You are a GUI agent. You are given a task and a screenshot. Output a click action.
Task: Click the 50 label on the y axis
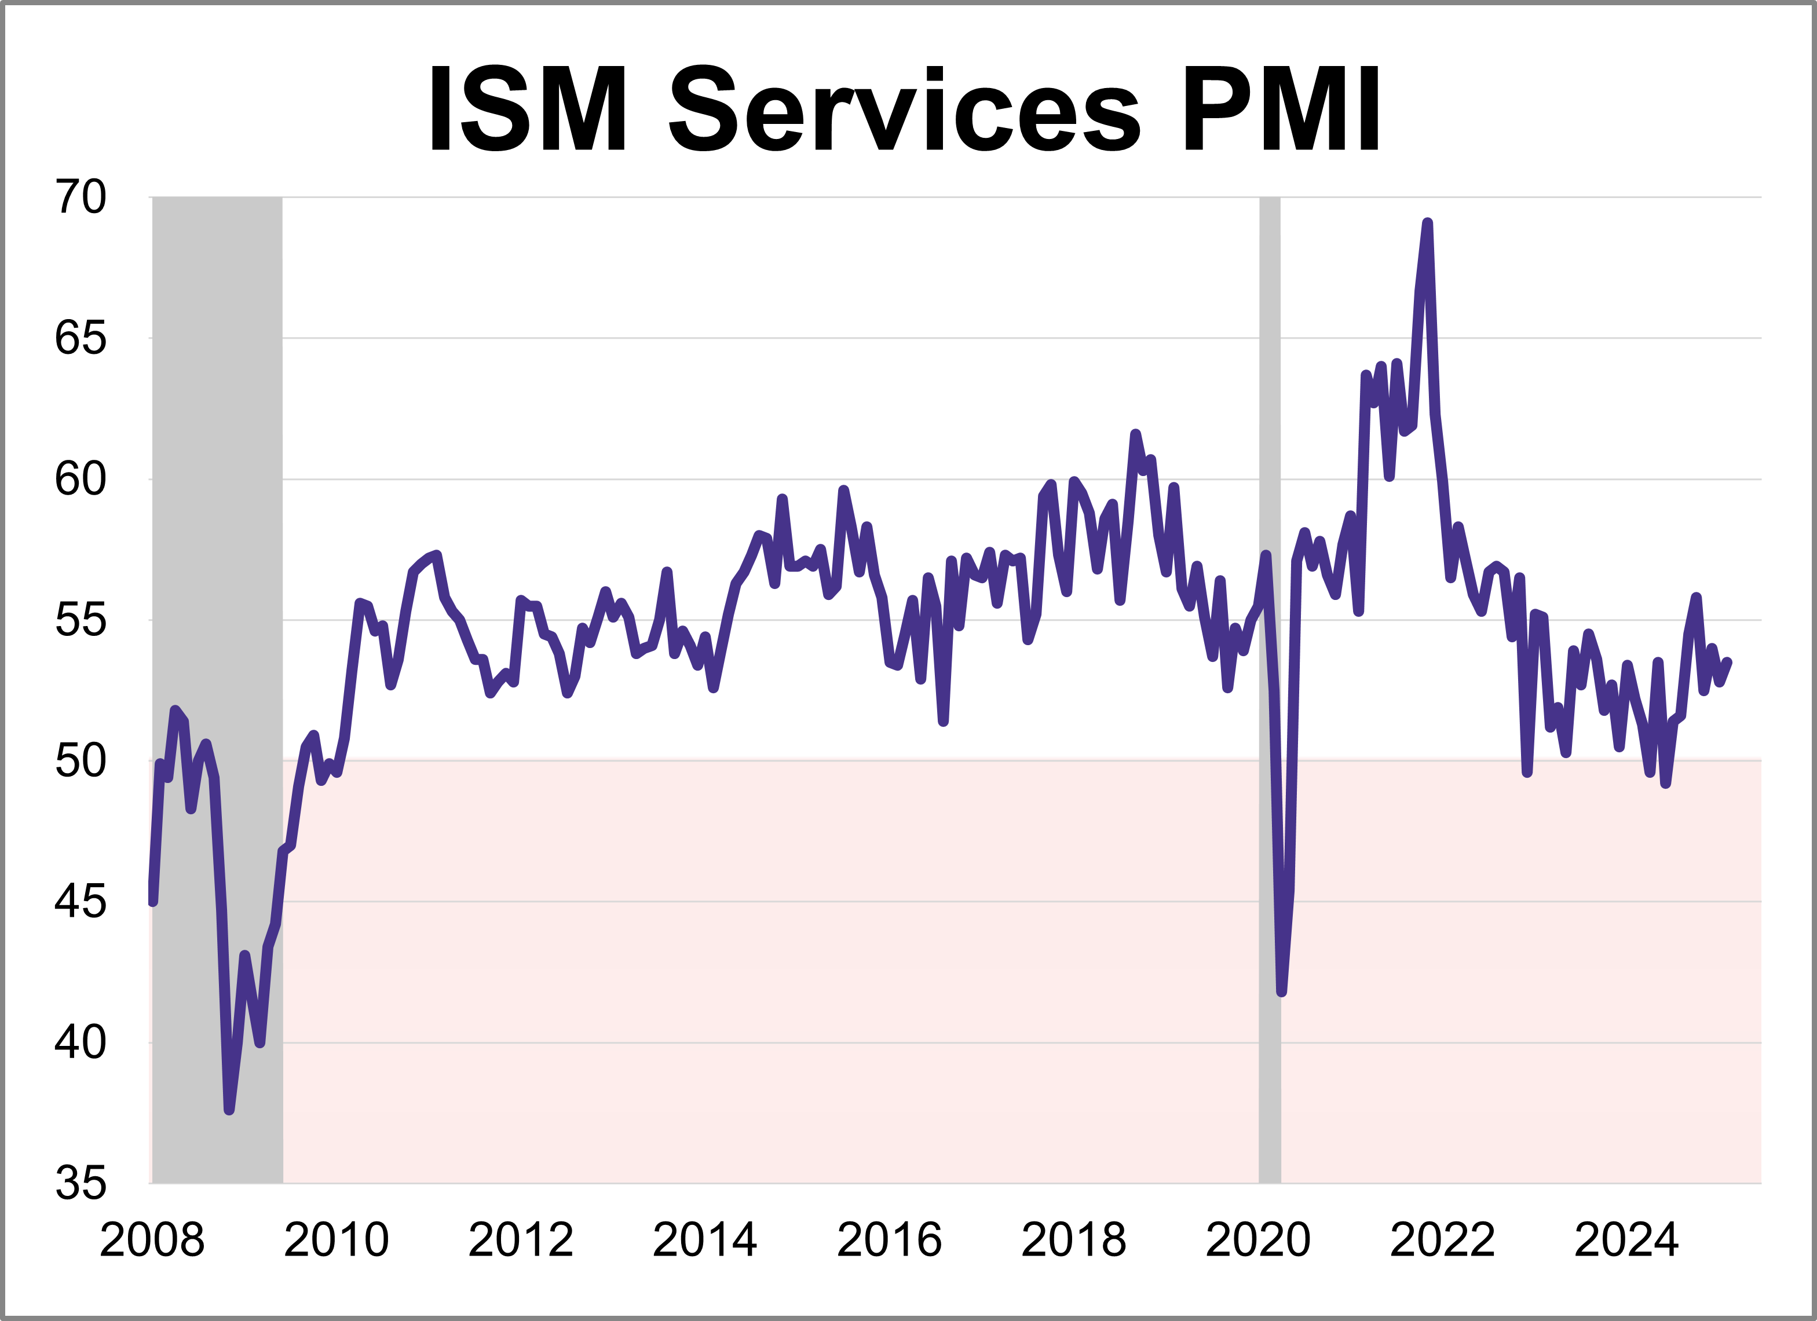[x=80, y=761]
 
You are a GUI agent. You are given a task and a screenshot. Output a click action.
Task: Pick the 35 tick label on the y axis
[x=80, y=1183]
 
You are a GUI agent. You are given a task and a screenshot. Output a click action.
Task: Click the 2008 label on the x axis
[x=152, y=1240]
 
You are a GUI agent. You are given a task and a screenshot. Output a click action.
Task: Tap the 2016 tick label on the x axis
[x=889, y=1240]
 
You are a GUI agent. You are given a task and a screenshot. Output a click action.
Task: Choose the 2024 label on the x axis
[x=1626, y=1240]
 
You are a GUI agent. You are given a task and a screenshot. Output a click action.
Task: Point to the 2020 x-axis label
[x=1258, y=1240]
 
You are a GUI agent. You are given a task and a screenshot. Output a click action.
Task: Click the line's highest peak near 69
[x=1427, y=224]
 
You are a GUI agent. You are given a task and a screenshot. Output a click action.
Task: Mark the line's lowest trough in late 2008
[x=229, y=1110]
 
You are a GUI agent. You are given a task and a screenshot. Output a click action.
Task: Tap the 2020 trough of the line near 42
[x=1281, y=991]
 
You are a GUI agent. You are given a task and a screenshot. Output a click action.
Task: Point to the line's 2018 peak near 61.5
[x=1135, y=434]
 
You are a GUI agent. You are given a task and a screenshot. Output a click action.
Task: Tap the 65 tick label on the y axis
[x=80, y=338]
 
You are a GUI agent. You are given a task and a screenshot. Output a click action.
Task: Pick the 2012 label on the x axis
[x=521, y=1240]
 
